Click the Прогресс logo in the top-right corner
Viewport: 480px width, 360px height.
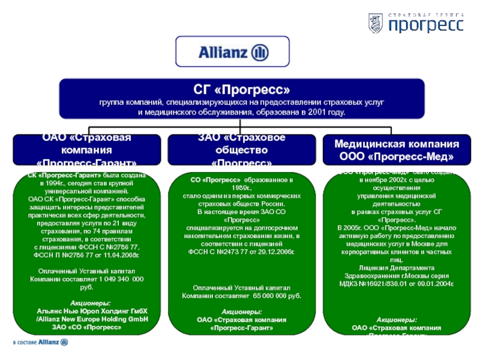pos(415,23)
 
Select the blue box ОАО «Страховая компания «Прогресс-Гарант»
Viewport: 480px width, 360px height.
pos(89,150)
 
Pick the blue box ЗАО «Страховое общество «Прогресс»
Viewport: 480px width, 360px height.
pos(241,150)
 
